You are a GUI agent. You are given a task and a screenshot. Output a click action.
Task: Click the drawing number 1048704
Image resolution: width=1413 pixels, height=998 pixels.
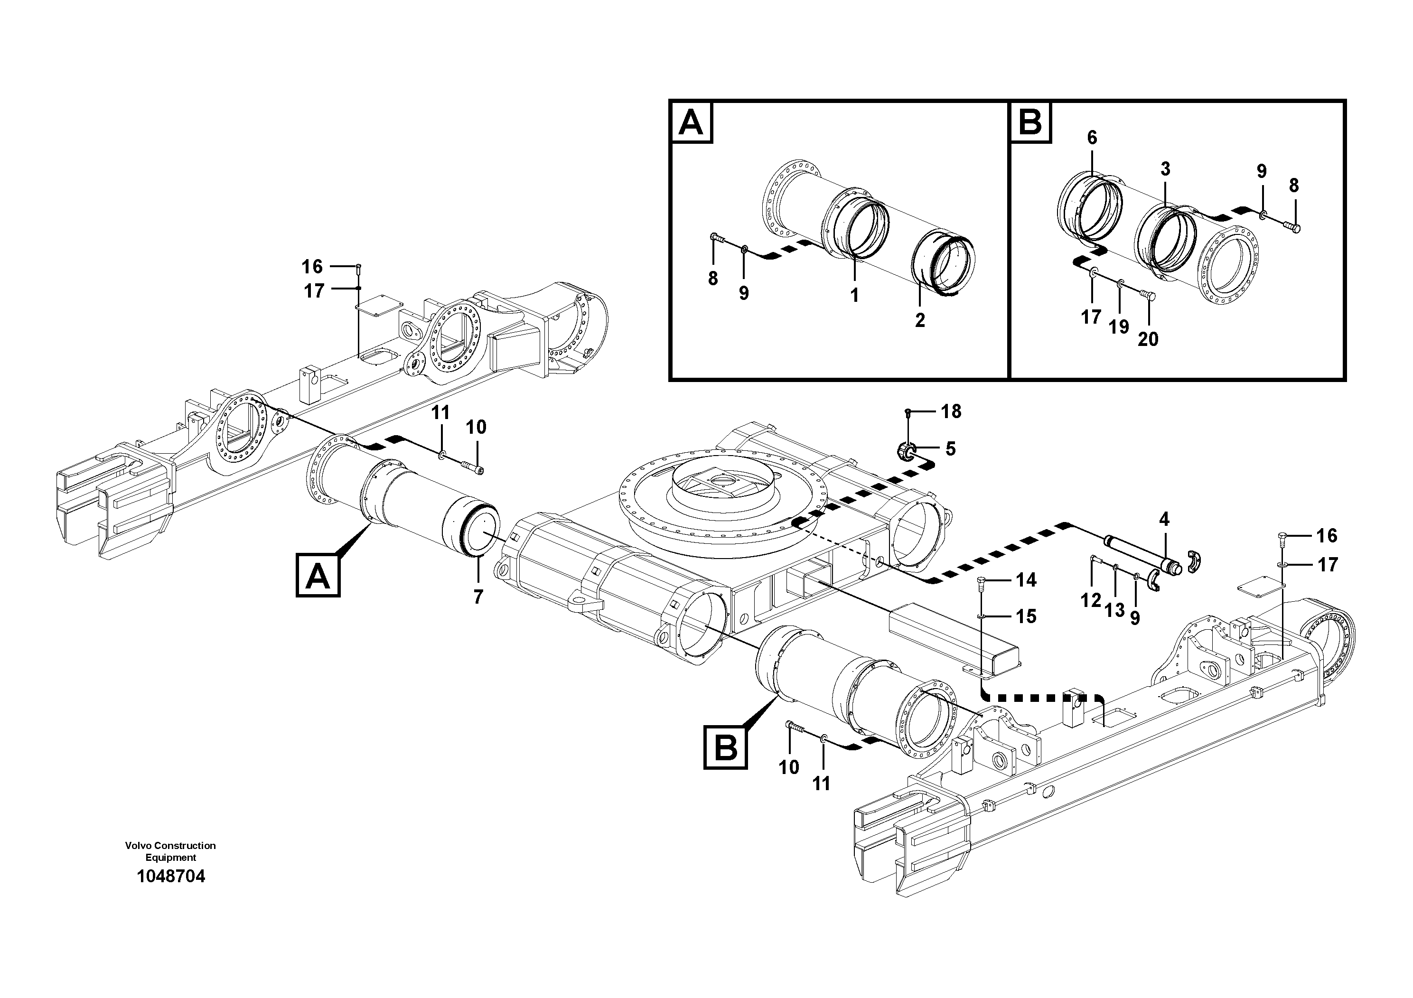coord(170,876)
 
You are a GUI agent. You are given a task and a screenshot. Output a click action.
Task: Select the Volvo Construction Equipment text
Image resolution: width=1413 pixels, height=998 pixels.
coord(170,851)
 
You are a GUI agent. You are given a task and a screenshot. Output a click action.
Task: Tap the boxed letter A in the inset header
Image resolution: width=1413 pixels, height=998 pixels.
coord(691,123)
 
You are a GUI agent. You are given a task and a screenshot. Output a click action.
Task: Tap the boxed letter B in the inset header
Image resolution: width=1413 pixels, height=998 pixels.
coord(1030,123)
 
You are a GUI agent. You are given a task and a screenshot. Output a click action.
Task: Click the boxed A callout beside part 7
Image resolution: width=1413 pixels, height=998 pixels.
coord(318,575)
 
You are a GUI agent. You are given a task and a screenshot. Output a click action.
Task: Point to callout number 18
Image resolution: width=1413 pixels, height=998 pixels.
coord(951,411)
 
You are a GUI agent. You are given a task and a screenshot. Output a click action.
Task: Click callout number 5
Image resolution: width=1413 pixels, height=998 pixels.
coord(950,449)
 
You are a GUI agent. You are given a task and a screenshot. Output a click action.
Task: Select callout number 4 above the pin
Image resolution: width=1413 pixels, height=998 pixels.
coord(1164,519)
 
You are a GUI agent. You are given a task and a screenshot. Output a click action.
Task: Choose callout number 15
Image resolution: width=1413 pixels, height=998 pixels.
coord(1026,616)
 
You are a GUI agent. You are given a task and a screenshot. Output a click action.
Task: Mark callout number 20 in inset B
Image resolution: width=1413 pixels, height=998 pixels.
coord(1148,339)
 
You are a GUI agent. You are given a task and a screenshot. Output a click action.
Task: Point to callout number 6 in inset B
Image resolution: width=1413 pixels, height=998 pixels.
coord(1092,138)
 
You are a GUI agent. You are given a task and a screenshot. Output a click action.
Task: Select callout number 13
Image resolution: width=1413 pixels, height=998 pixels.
coord(1114,610)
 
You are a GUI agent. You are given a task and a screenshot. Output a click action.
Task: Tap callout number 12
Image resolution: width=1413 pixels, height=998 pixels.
coord(1091,600)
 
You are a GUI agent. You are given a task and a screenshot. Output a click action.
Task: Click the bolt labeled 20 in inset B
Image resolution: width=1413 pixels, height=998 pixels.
coord(1148,296)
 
